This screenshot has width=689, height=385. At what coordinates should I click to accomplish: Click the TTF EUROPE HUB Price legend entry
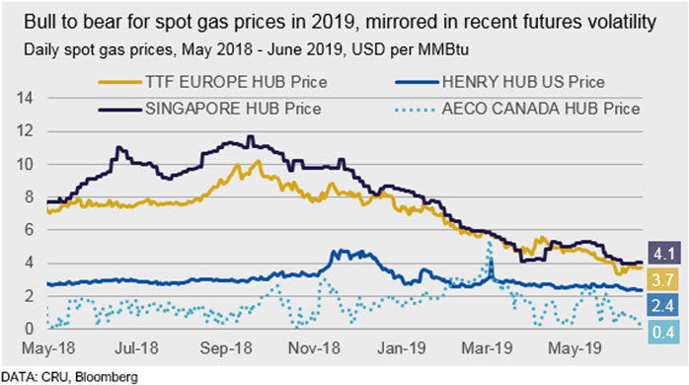tap(212, 82)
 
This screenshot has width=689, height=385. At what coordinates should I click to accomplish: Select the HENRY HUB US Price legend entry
tap(499, 82)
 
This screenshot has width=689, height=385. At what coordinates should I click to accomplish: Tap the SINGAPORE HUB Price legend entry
tap(209, 109)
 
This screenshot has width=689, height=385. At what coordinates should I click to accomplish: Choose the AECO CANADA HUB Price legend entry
tap(517, 109)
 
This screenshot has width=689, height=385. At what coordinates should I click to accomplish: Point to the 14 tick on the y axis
tap(25, 98)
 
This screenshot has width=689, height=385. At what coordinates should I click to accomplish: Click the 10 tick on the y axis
tap(25, 165)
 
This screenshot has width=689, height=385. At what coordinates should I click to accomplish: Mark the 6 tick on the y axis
tap(29, 229)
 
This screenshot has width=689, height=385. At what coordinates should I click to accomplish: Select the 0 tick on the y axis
tap(29, 328)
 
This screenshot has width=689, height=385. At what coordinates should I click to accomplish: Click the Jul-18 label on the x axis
tap(136, 348)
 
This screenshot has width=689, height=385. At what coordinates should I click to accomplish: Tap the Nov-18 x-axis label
tap(314, 348)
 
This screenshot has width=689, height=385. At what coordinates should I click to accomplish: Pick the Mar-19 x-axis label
tap(487, 348)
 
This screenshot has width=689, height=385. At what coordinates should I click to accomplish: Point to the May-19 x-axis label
tap(574, 348)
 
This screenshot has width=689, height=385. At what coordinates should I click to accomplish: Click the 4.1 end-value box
tap(664, 253)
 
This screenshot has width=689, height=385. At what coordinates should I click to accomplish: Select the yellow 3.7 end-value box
tap(662, 279)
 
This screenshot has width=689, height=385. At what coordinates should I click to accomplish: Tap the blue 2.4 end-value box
tap(662, 305)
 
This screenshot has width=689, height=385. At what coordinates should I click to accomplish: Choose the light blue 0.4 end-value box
tap(663, 332)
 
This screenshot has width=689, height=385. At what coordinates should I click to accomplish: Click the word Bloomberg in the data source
tap(107, 377)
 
